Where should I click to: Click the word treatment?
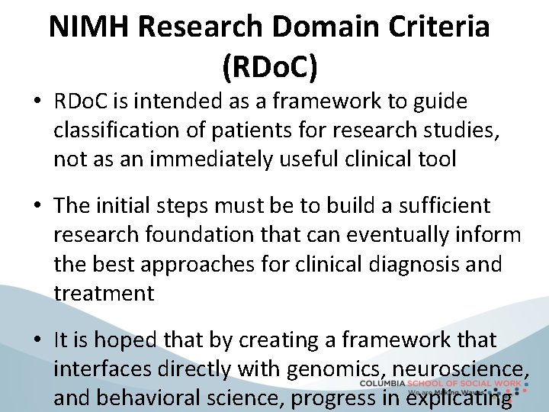pyautogui.click(x=104, y=292)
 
